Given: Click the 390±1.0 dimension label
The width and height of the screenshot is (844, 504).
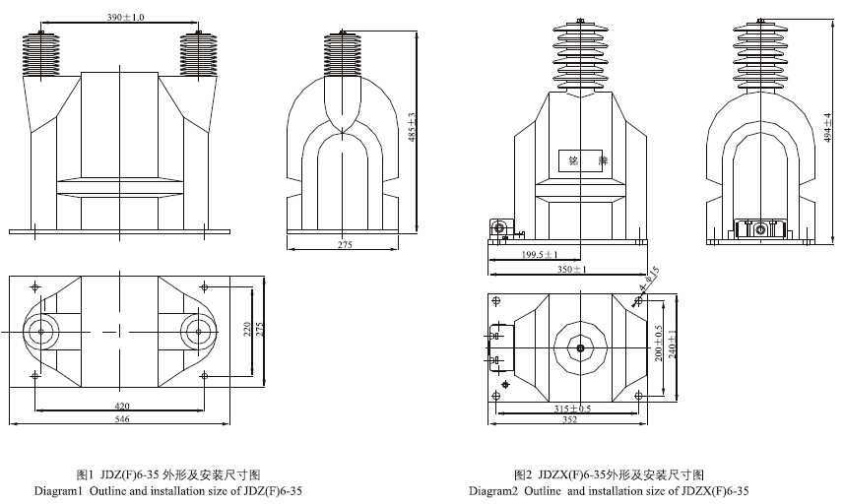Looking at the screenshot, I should (124, 18).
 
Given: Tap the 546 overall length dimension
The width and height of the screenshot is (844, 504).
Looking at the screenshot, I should (121, 419).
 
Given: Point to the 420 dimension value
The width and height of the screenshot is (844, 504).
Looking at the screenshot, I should (121, 404).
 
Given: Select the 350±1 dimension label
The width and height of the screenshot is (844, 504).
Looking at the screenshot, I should (570, 269).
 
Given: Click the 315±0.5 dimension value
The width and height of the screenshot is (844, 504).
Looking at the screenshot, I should (572, 408).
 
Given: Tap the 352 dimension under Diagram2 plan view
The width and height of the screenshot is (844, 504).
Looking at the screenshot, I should (570, 420).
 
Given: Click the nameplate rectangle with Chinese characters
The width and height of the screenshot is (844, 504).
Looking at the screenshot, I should (584, 160).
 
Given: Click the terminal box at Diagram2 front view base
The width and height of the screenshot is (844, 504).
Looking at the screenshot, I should (499, 230).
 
